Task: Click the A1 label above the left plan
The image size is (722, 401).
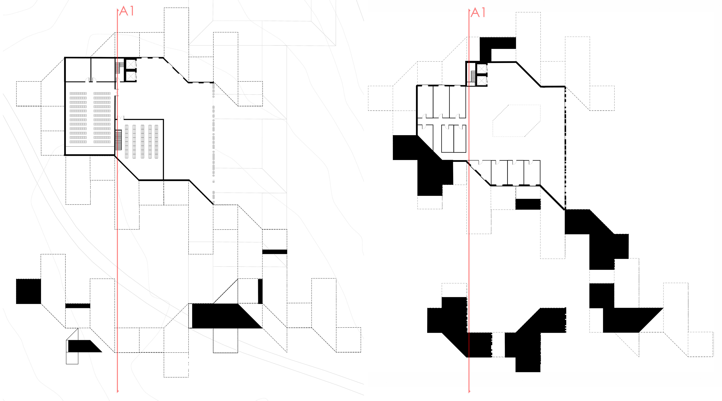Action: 127,11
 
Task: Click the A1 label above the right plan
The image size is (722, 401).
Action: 478,13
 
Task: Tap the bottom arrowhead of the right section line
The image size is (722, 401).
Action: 469,391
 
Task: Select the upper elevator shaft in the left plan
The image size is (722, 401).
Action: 131,64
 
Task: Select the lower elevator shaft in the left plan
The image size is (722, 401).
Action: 131,76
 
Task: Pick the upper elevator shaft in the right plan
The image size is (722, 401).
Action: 482,68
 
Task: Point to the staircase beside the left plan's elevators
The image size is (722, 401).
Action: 119,68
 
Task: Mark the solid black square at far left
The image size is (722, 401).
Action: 28,291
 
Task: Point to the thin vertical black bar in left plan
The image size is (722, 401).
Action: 260,291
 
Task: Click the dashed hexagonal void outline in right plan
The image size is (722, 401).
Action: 516,121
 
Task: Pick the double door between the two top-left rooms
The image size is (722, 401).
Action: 91,80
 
